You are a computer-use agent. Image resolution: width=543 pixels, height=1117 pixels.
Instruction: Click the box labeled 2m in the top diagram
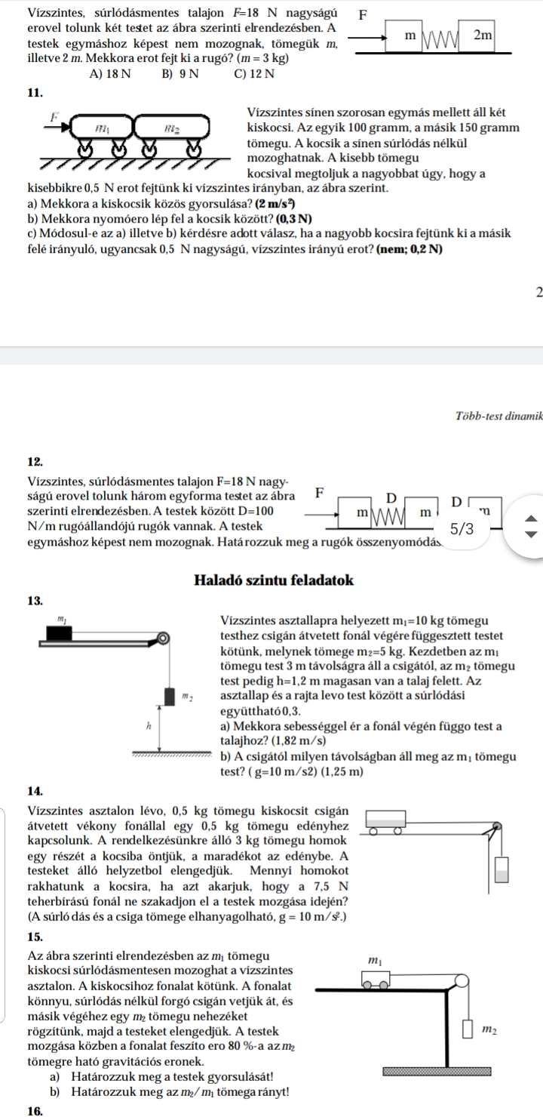(476, 35)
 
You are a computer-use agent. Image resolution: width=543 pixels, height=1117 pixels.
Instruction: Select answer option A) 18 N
(110, 74)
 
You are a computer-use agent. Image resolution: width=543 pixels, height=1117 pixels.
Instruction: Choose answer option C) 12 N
(253, 74)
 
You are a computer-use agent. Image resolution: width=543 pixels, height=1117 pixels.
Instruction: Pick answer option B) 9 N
(179, 74)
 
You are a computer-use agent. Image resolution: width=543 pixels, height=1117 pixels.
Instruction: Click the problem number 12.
(35, 462)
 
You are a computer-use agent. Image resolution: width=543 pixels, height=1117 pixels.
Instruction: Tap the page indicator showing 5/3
(462, 528)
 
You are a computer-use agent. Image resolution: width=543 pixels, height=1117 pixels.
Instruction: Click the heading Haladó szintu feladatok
(274, 580)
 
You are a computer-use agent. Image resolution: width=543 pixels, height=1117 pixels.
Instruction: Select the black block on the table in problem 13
(60, 632)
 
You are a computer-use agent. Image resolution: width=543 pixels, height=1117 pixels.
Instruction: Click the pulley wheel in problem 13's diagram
(162, 638)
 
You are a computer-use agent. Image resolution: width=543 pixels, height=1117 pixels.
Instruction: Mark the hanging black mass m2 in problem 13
(170, 696)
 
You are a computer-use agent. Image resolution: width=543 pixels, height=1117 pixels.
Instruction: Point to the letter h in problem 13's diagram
(148, 727)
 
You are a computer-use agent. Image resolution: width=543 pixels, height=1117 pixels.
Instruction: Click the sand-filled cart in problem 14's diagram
(386, 820)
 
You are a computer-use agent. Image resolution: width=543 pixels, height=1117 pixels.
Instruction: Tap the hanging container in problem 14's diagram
(502, 869)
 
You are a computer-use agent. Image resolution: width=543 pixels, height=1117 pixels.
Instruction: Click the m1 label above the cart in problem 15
(375, 961)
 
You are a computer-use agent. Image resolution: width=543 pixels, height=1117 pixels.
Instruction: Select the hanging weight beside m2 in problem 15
(468, 1029)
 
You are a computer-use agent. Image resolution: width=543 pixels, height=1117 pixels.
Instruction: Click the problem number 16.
(35, 1110)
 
